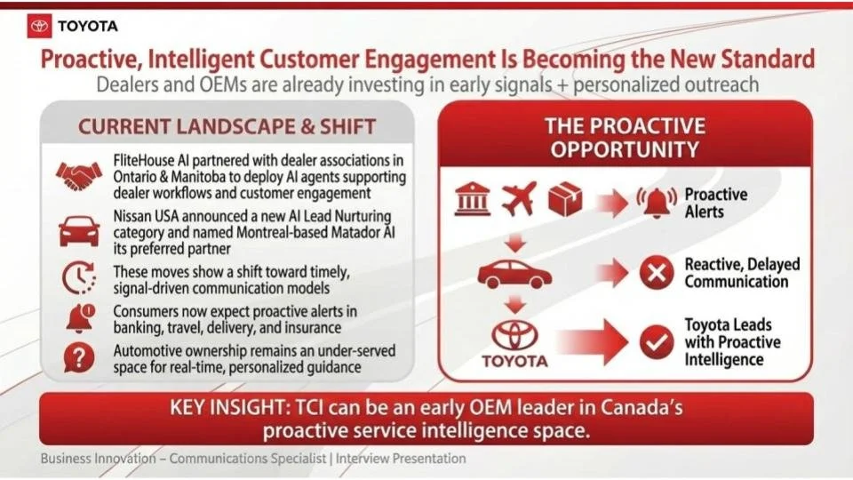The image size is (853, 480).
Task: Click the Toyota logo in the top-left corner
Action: point(40,26)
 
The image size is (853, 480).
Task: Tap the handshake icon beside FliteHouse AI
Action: point(79,176)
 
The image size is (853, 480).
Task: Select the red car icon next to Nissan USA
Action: point(79,231)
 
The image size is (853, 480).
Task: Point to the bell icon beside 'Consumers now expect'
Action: point(79,317)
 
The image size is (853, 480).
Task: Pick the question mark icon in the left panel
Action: point(79,357)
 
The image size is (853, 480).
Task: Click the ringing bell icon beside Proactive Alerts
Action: point(656,204)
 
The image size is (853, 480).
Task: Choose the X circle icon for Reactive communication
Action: point(657,274)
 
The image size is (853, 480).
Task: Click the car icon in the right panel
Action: point(514,273)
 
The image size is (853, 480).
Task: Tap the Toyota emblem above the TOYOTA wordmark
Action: point(514,336)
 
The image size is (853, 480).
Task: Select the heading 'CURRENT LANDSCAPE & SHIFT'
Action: point(227,126)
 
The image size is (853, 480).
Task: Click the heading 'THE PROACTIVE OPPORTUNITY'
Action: point(625,137)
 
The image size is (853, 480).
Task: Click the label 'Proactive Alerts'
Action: point(715,204)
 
